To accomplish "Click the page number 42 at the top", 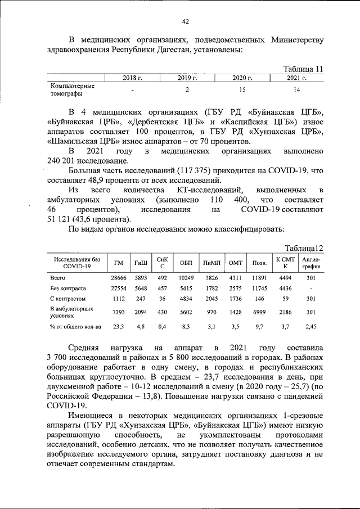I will pyautogui.click(x=185, y=21).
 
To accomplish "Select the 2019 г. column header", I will pyautogui.click(x=187, y=78).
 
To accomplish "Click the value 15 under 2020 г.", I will pyautogui.click(x=242, y=90).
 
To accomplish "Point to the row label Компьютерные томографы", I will pyautogui.click(x=73, y=90).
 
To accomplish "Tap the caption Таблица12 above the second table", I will pyautogui.click(x=304, y=248).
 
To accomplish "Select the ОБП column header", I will pyautogui.click(x=186, y=263).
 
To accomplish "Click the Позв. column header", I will pyautogui.click(x=259, y=263).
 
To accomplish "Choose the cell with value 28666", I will pyautogui.click(x=119, y=278).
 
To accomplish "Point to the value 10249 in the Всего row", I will pyautogui.click(x=186, y=278).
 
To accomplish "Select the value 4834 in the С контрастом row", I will pyautogui.click(x=186, y=299).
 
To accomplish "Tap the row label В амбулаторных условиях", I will pyautogui.click(x=71, y=313).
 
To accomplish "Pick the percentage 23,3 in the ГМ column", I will pyautogui.click(x=119, y=326).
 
